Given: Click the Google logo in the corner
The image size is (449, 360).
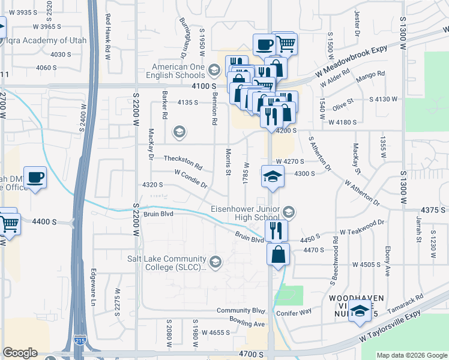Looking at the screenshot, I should (x=20, y=353).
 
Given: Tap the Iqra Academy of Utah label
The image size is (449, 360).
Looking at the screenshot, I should (x=47, y=41).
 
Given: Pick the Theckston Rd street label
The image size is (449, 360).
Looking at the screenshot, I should (x=183, y=162).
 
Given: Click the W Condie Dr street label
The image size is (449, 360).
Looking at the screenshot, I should (x=190, y=178).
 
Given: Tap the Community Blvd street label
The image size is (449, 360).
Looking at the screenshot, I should (x=241, y=311).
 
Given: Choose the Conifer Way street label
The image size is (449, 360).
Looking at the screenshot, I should (x=294, y=313).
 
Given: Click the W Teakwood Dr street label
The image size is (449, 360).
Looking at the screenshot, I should (x=361, y=226).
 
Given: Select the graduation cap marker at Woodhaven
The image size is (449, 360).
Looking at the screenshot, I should (x=360, y=311).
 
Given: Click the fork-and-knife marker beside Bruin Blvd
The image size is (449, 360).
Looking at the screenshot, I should (x=276, y=230).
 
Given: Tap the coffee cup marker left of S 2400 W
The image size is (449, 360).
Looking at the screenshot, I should (x=35, y=177).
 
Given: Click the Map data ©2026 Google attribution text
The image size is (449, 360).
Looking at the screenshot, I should (x=411, y=355).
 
